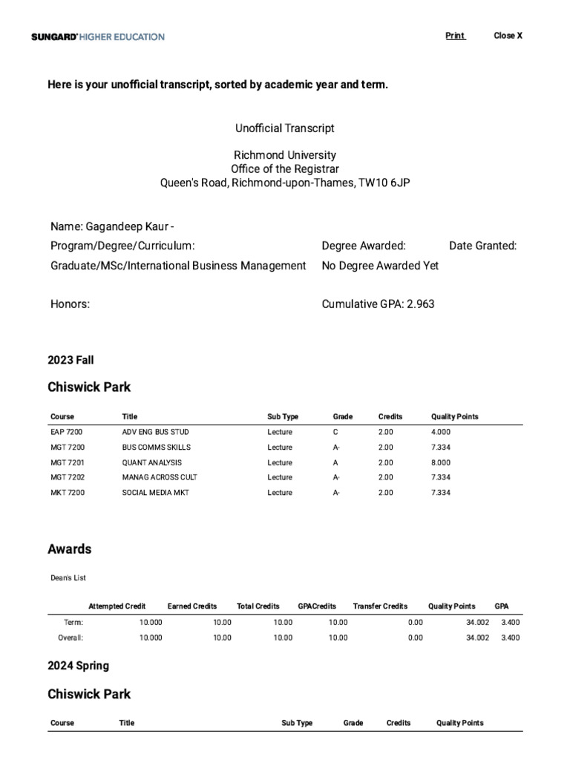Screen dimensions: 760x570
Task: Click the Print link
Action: (x=455, y=36)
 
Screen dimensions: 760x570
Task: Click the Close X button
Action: (x=508, y=36)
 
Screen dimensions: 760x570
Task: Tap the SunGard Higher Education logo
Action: (x=98, y=36)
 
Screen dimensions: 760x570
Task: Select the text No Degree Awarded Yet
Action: (x=380, y=266)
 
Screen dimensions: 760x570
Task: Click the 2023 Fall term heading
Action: (x=71, y=360)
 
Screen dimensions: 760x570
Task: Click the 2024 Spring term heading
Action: (x=78, y=666)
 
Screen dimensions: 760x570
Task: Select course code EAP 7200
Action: (x=66, y=432)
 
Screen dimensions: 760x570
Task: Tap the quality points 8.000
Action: (x=440, y=462)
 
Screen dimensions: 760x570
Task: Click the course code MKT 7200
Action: (x=67, y=493)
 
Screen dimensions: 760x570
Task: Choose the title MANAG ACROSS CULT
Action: (x=160, y=477)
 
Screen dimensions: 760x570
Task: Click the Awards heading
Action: (x=70, y=549)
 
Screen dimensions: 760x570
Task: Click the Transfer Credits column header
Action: (x=380, y=606)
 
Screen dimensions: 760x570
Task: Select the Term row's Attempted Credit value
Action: (x=151, y=623)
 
